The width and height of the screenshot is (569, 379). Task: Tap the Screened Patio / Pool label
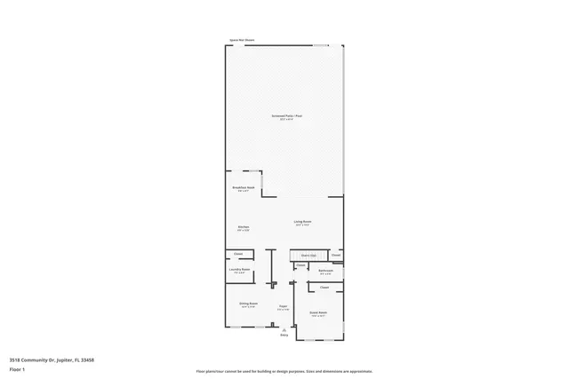pyautogui.click(x=286, y=117)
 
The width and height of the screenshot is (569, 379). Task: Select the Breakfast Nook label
pyautogui.click(x=244, y=187)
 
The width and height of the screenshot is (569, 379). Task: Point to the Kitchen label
pyautogui.click(x=243, y=227)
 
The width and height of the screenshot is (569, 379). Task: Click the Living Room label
pyautogui.click(x=302, y=222)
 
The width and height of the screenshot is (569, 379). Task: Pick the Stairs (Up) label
pyautogui.click(x=308, y=256)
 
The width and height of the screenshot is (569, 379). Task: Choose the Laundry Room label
pyautogui.click(x=240, y=270)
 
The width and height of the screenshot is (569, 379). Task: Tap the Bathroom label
pyautogui.click(x=325, y=270)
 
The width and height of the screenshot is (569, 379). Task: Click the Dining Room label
pyautogui.click(x=248, y=304)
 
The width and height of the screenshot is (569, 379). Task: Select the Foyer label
pyautogui.click(x=282, y=306)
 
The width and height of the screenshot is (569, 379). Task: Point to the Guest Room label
pyautogui.click(x=318, y=313)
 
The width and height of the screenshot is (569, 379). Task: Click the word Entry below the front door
pyautogui.click(x=284, y=336)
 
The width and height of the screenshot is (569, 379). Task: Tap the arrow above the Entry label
pyautogui.click(x=284, y=329)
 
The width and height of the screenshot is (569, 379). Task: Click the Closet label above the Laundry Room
pyautogui.click(x=238, y=255)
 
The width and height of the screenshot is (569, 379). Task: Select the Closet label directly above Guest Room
pyautogui.click(x=325, y=288)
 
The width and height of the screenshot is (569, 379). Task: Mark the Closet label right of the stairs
pyautogui.click(x=335, y=256)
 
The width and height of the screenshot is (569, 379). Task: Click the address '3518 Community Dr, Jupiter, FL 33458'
pyautogui.click(x=52, y=359)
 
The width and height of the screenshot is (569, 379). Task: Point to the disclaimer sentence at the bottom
pyautogui.click(x=284, y=370)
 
